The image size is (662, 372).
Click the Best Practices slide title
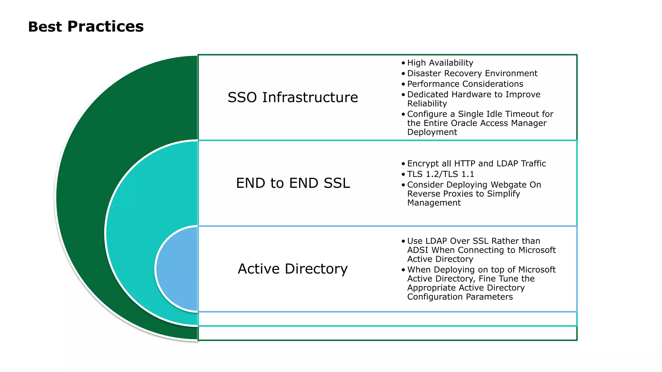click(86, 26)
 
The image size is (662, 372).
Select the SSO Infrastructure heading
click(293, 97)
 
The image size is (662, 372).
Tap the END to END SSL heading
click(293, 183)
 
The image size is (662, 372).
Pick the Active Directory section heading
click(293, 269)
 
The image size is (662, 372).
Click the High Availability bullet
click(440, 63)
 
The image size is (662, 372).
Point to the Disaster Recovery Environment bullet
click(472, 73)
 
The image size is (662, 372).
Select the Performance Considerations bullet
click(465, 84)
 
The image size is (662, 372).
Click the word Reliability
click(427, 104)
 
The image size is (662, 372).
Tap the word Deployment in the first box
click(432, 132)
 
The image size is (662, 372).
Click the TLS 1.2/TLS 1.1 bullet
click(441, 174)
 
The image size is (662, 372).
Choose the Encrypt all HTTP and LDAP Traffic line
click(476, 163)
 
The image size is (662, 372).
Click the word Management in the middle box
click(434, 203)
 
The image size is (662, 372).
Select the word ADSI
click(418, 250)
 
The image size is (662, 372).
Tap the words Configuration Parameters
click(460, 297)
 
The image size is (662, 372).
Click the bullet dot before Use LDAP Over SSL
click(403, 241)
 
